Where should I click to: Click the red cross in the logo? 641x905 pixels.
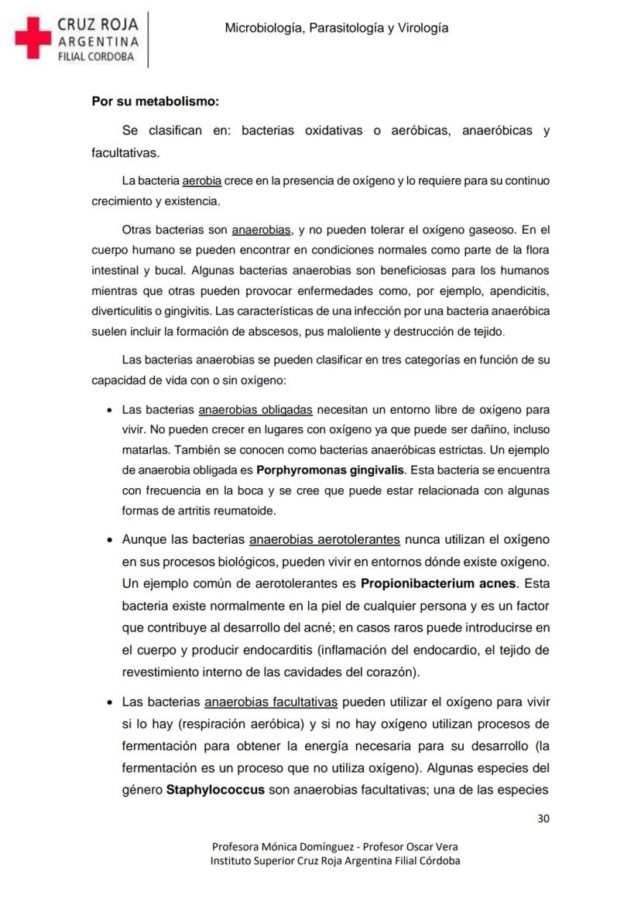pos(33,39)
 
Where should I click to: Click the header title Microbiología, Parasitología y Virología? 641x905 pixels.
pos(337,28)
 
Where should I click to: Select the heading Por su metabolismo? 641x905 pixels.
pos(155,101)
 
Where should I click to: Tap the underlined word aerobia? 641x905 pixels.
pos(201,181)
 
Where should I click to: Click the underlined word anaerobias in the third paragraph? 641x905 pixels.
pos(261,230)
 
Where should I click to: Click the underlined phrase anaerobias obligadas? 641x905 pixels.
pos(255,410)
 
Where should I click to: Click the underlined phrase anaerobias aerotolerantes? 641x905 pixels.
pos(324,539)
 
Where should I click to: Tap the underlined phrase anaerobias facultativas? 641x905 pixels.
pos(271,702)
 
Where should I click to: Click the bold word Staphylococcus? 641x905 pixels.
pos(215,790)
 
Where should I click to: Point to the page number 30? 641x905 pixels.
pos(543,819)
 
